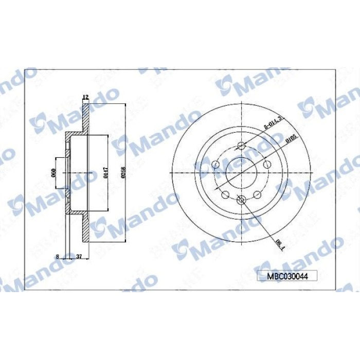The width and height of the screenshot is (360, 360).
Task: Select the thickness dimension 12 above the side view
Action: click(86, 97)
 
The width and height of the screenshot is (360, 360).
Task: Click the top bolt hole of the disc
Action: click(241, 146)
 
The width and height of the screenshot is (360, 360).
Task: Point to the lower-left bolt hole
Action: click(225, 194)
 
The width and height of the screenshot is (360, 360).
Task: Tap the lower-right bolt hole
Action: click(257, 194)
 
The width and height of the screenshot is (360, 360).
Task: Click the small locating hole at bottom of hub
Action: click(241, 199)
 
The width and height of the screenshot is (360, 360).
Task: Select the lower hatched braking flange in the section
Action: click(86, 229)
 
